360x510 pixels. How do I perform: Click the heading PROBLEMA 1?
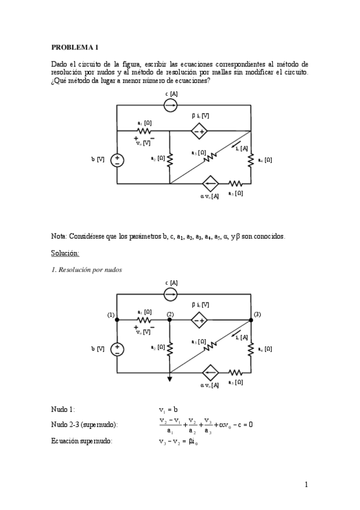pyautogui.click(x=74, y=46)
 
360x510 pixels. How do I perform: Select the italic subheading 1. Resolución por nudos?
pyautogui.click(x=87, y=269)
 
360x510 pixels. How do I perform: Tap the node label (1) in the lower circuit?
pyautogui.click(x=111, y=315)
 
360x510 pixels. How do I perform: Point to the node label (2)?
pyautogui.click(x=170, y=315)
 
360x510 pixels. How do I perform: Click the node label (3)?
pyautogui.click(x=257, y=314)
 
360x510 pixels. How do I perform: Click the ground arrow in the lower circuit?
pyautogui.click(x=170, y=378)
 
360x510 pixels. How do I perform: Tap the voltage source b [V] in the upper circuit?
pyautogui.click(x=117, y=160)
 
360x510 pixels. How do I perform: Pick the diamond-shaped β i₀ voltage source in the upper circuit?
pyautogui.click(x=199, y=131)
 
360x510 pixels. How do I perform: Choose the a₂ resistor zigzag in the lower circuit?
pyautogui.click(x=170, y=348)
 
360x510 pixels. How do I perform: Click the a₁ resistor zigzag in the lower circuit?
pyautogui.click(x=144, y=321)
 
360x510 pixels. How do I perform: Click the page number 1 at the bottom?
pyautogui.click(x=306, y=485)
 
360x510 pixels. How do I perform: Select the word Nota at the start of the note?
pyautogui.click(x=59, y=236)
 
